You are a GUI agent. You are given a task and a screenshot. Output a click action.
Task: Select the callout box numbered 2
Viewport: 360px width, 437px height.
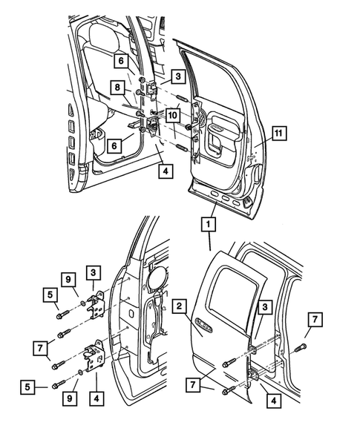180,306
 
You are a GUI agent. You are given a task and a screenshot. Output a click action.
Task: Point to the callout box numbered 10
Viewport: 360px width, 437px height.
171,115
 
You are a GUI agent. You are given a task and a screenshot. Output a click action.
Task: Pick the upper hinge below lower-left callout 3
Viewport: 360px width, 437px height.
95,303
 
